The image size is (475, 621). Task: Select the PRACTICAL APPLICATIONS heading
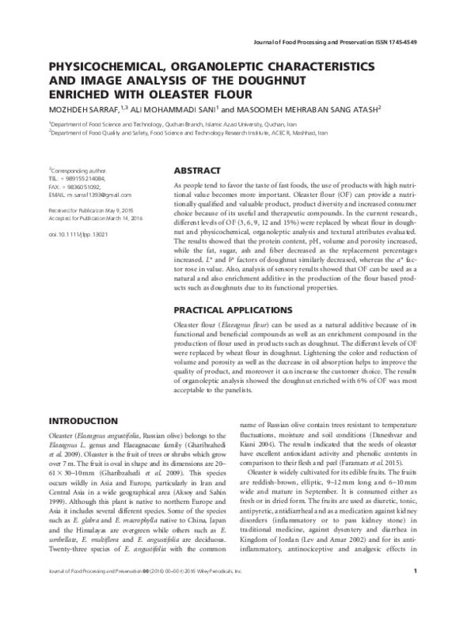(234, 309)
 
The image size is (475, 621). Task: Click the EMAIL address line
(90, 193)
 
